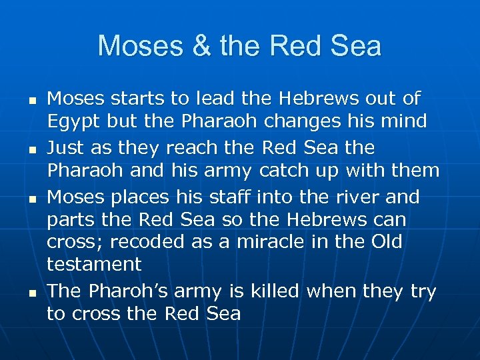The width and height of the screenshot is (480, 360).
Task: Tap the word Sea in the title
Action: click(x=359, y=47)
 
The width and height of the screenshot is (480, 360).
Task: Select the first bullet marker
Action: click(x=21, y=100)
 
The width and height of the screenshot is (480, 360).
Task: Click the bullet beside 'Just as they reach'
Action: click(x=21, y=149)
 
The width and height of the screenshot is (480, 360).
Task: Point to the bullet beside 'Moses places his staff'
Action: click(x=21, y=199)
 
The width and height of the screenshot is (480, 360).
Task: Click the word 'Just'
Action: click(x=66, y=148)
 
